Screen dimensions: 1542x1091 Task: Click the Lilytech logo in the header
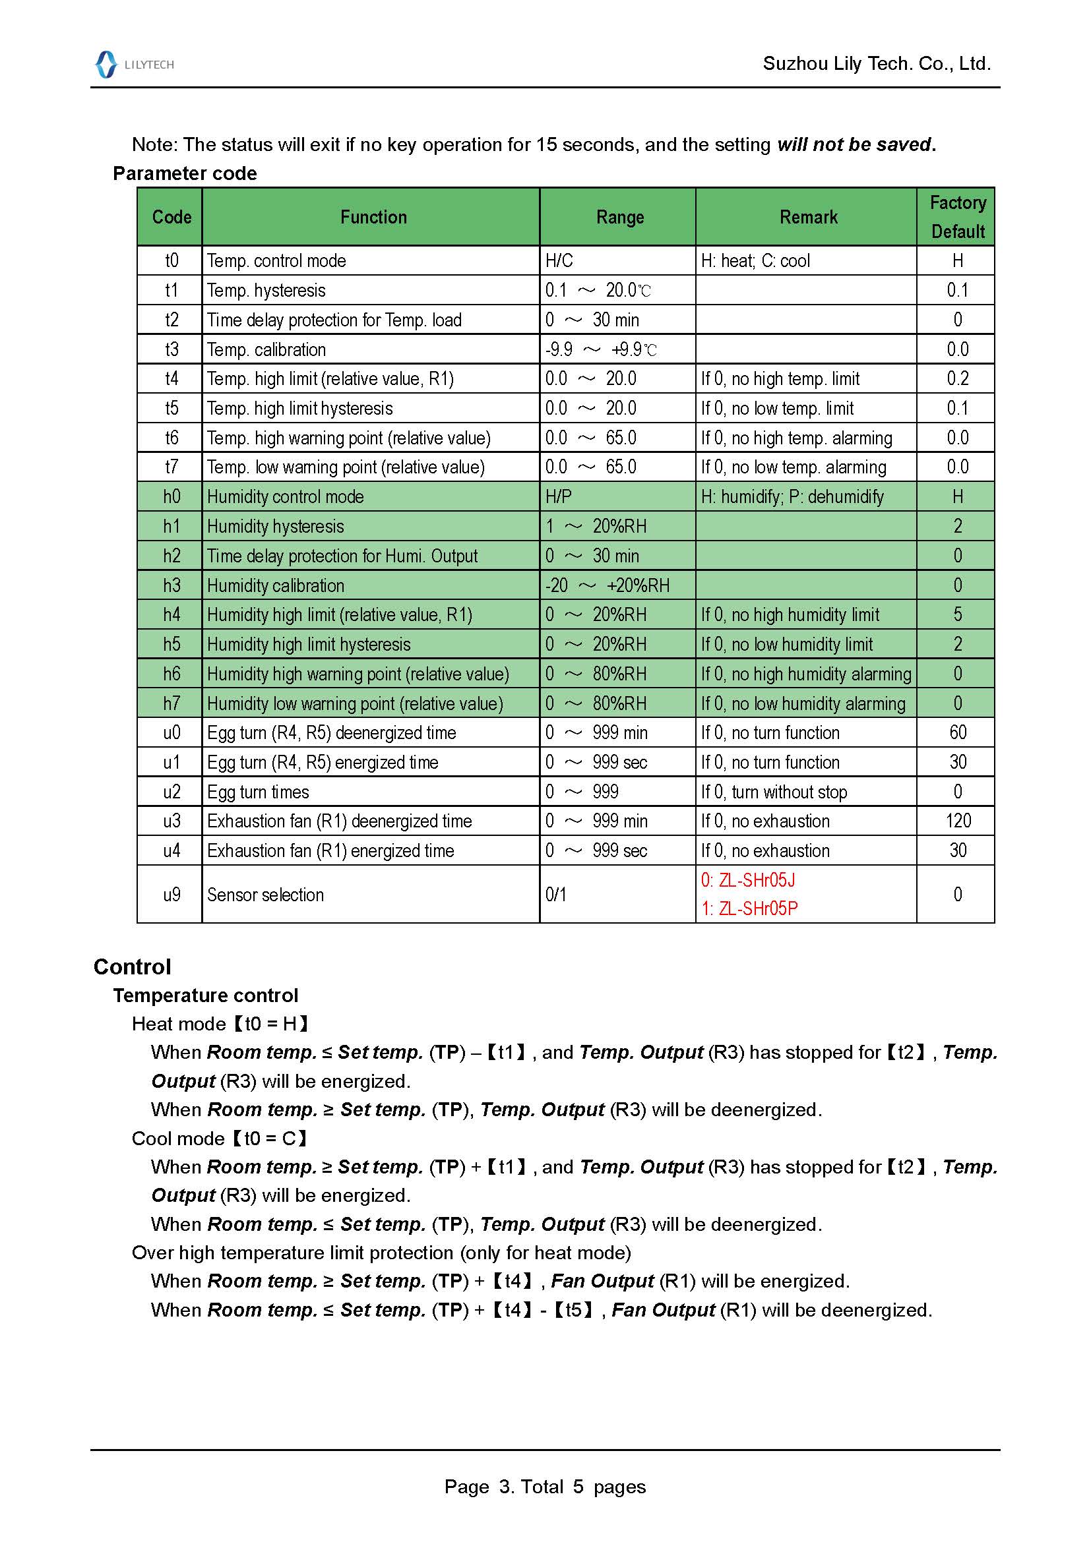pos(135,65)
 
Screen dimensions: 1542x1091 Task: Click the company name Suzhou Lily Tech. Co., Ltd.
pos(876,64)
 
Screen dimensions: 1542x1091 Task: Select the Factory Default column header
pos(956,217)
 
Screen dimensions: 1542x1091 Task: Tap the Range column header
pos(619,217)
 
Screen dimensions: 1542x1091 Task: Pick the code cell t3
pos(171,349)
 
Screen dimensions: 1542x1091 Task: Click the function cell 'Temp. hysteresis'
pos(266,290)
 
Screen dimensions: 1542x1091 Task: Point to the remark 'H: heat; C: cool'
pos(755,260)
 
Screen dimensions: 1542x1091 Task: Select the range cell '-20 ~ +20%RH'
pos(607,585)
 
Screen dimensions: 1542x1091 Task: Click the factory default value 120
pos(957,821)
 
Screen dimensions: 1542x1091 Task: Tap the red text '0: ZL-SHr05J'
pos(748,880)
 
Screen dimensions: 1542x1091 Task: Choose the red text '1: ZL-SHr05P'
pos(749,908)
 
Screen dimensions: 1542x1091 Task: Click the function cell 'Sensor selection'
pos(265,895)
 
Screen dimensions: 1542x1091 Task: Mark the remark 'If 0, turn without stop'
pos(774,792)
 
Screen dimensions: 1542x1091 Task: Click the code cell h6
pos(171,674)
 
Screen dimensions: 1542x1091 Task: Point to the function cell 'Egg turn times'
pos(258,792)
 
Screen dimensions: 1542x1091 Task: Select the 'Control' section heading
pos(133,966)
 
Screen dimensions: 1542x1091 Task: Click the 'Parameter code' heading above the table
pos(185,173)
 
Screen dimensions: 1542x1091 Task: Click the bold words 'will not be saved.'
pos(856,144)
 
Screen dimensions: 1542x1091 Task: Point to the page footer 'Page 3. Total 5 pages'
pos(545,1486)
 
